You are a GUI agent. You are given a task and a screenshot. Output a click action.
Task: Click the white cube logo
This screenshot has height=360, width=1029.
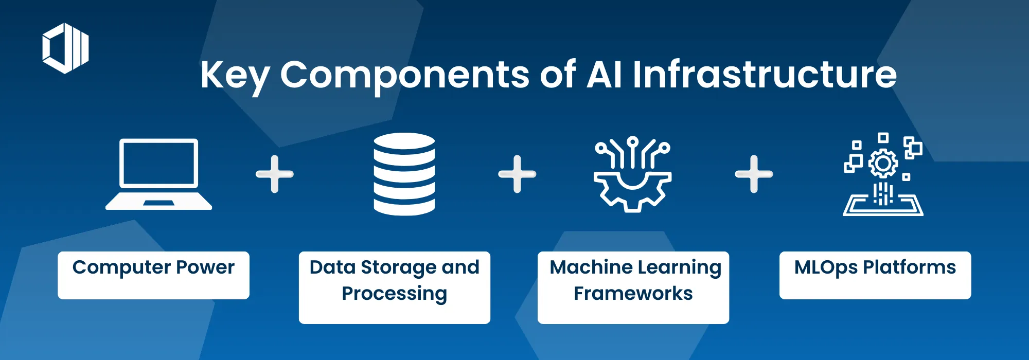pyautogui.click(x=65, y=48)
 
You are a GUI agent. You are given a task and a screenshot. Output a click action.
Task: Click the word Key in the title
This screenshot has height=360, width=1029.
pyautogui.click(x=235, y=76)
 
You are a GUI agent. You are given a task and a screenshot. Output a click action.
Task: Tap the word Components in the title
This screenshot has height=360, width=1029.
pyautogui.click(x=404, y=76)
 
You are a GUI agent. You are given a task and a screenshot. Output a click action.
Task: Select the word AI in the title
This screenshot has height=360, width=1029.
pyautogui.click(x=604, y=75)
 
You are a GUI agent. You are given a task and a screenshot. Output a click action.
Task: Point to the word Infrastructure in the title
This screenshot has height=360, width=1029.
pyautogui.click(x=765, y=75)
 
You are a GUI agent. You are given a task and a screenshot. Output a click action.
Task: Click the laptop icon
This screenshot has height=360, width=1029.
pyautogui.click(x=158, y=174)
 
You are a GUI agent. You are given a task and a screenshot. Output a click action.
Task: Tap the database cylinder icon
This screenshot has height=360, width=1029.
pyautogui.click(x=404, y=174)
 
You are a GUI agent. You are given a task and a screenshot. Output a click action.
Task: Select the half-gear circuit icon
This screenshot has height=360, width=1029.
pyautogui.click(x=632, y=175)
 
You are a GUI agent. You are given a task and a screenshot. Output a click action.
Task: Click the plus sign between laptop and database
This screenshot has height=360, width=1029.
pyautogui.click(x=275, y=174)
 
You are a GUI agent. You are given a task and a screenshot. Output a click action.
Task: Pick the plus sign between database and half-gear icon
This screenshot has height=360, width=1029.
pyautogui.click(x=517, y=174)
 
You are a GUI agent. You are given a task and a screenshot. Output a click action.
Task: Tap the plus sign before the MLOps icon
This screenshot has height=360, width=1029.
pyautogui.click(x=754, y=174)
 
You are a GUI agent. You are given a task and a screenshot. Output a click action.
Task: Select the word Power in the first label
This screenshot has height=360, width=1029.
pyautogui.click(x=205, y=267)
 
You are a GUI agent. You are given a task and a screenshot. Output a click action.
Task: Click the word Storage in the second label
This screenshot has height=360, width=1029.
pyautogui.click(x=398, y=267)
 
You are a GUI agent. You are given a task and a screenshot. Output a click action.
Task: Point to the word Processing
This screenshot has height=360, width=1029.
pyautogui.click(x=394, y=294)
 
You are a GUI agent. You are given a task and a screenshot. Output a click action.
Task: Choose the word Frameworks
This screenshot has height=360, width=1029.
pyautogui.click(x=633, y=294)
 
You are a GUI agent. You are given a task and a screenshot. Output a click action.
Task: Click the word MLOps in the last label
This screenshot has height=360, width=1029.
pyautogui.click(x=826, y=267)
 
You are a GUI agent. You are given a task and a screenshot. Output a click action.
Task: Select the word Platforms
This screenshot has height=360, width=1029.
pyautogui.click(x=909, y=267)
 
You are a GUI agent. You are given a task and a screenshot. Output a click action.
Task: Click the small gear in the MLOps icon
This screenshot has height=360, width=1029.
pyautogui.click(x=883, y=164)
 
